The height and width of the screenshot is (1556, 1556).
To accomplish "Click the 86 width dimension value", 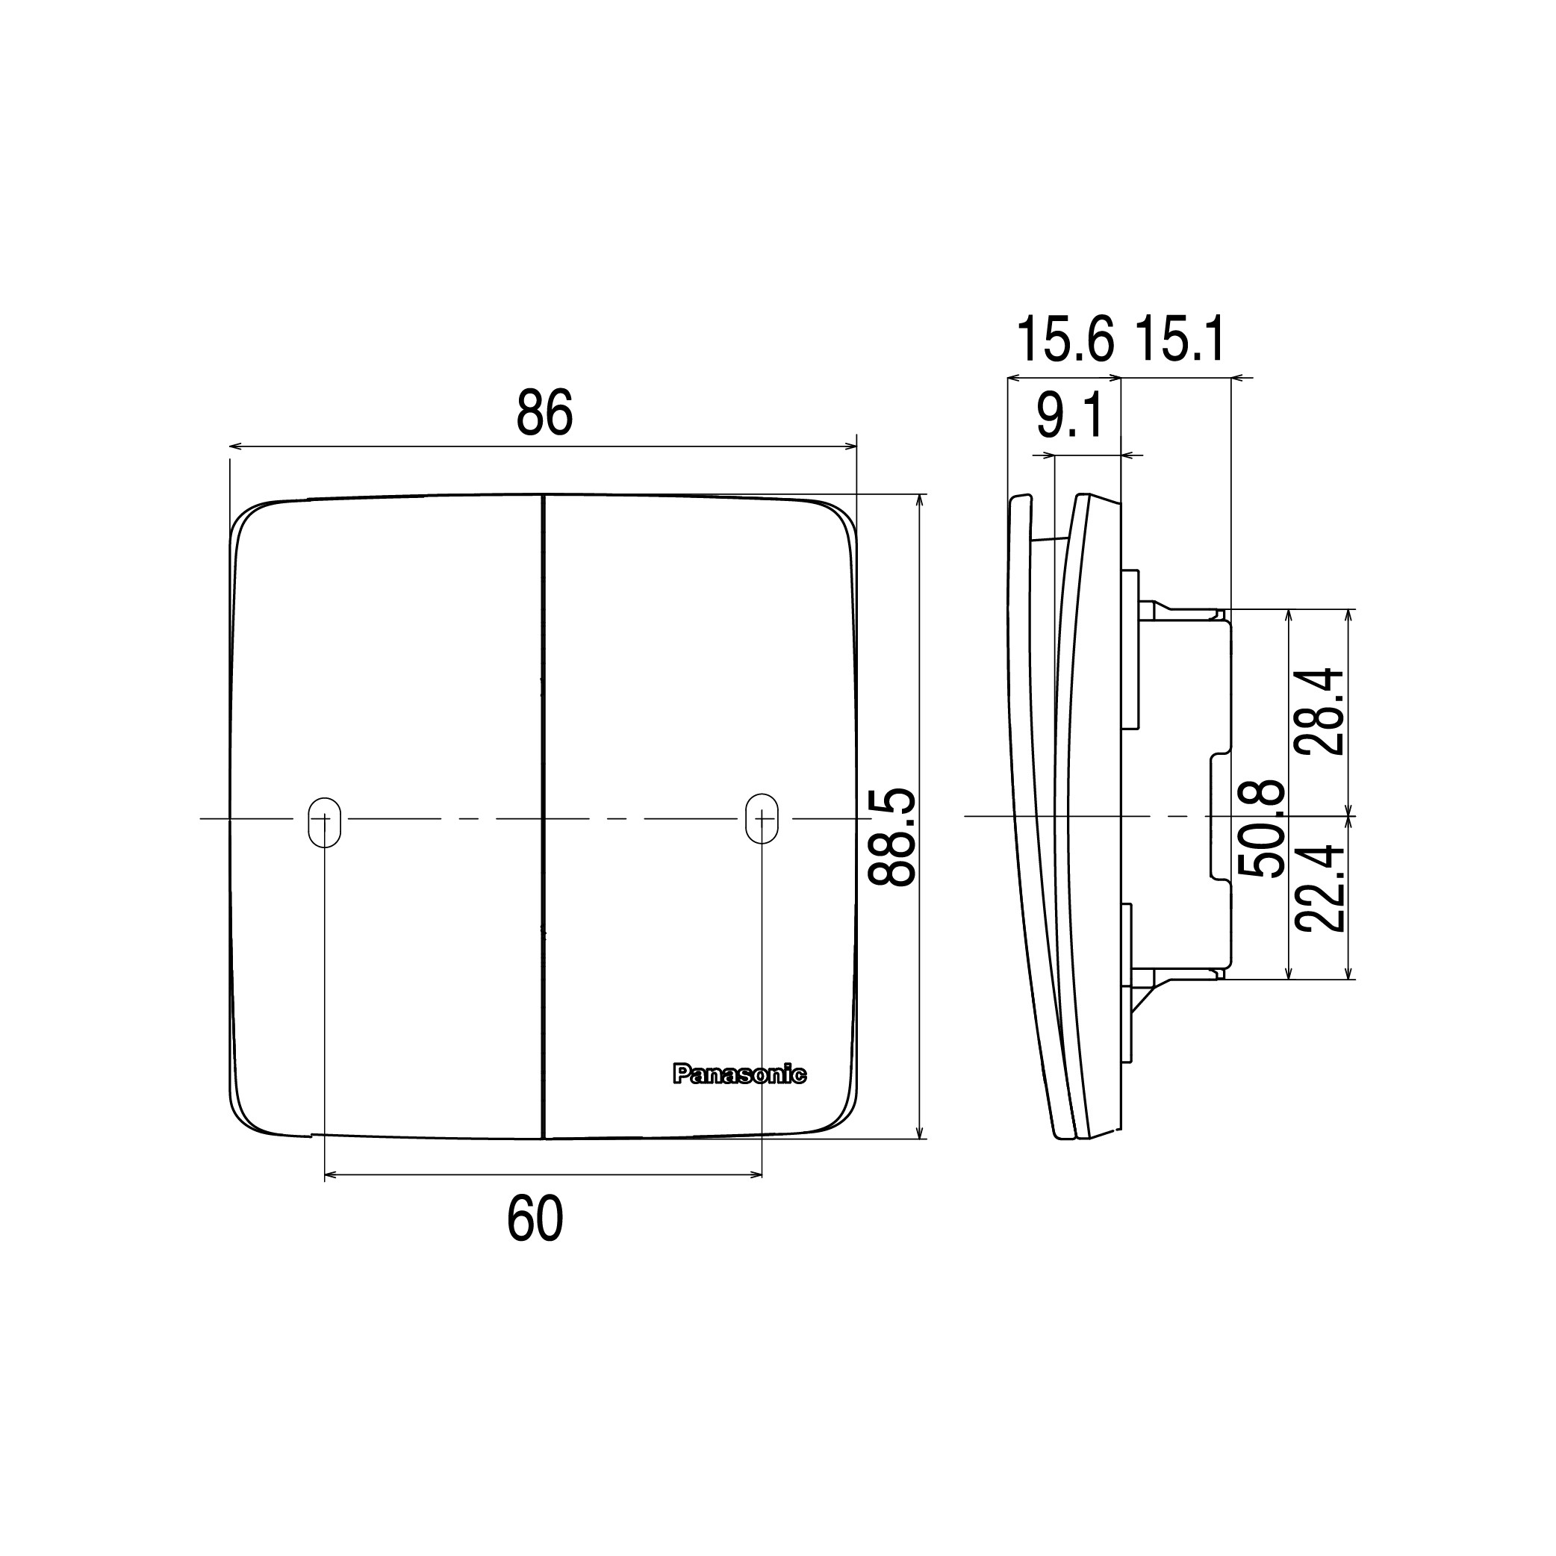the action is coord(544,413).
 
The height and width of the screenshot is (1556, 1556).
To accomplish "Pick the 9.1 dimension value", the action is coord(1069,416).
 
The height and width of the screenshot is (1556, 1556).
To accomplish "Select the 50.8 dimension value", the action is coord(1261,829).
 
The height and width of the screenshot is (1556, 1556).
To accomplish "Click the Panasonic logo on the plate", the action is coord(739,1074).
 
